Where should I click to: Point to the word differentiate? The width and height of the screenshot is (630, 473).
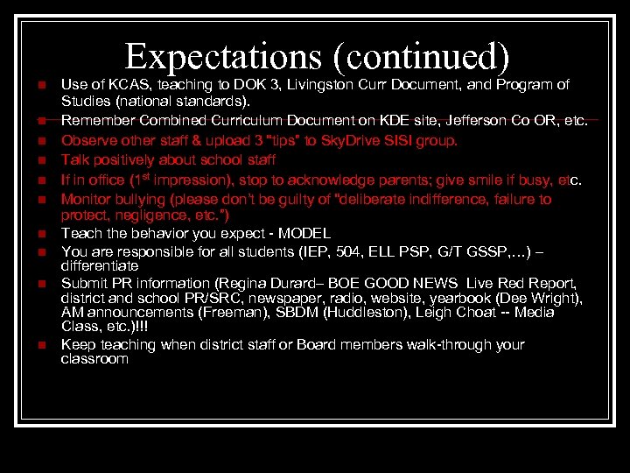(100, 265)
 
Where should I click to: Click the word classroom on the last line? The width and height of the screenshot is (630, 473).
(94, 358)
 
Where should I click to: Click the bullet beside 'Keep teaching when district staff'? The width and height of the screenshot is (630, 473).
(40, 345)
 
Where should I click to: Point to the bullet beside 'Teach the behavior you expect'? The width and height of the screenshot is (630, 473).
(40, 234)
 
